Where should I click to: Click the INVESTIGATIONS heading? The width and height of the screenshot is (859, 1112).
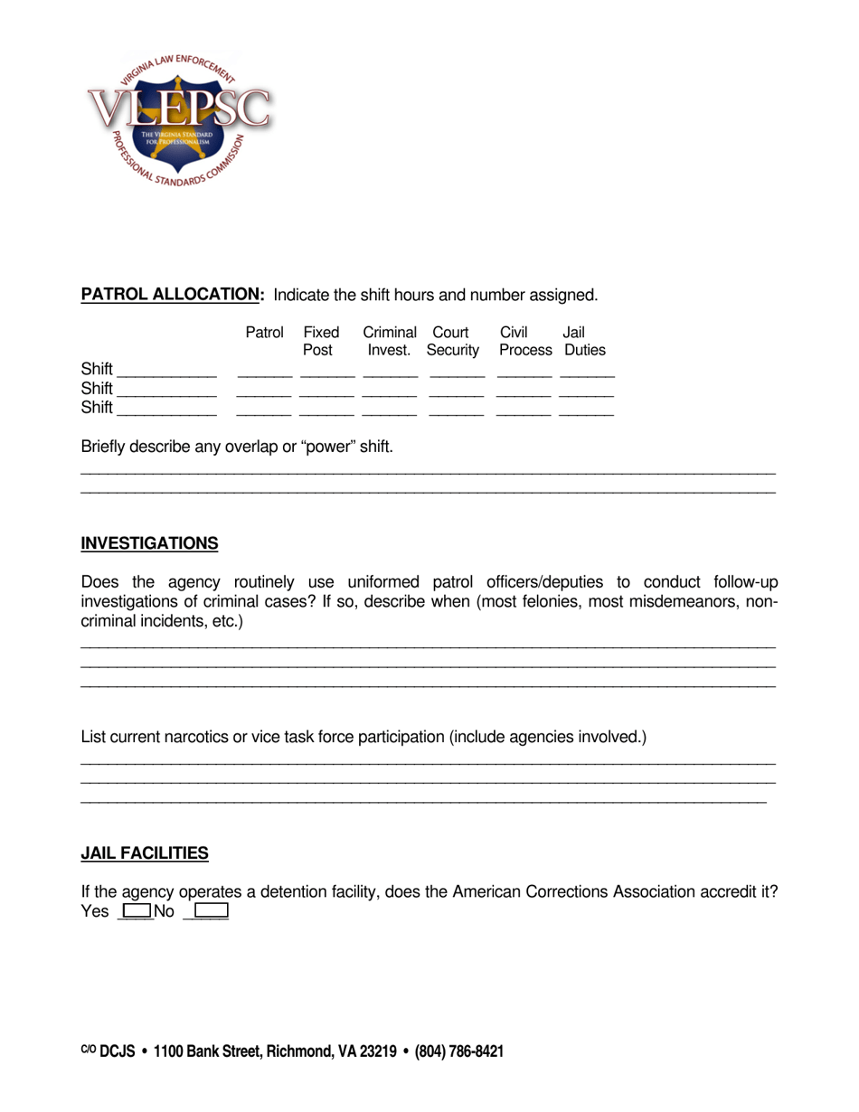149,543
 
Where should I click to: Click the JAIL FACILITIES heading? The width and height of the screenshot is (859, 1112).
145,853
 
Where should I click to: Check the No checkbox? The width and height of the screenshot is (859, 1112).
210,911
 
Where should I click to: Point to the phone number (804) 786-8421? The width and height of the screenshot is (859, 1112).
459,1051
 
